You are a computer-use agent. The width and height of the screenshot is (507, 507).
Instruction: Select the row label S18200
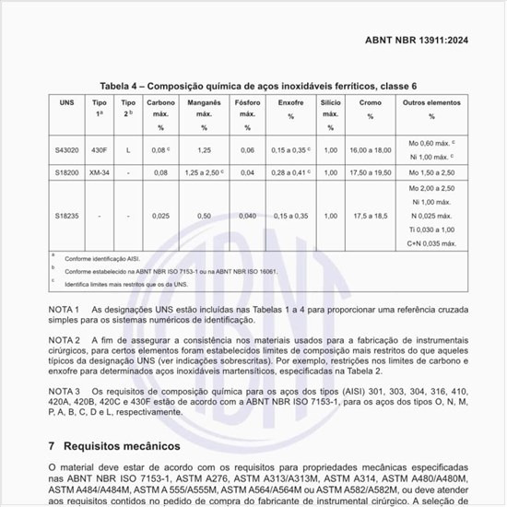click(66, 172)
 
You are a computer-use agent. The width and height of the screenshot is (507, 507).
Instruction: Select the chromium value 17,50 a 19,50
click(370, 172)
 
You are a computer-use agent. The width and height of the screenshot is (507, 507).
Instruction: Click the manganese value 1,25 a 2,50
click(203, 172)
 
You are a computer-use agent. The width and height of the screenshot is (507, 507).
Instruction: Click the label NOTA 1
click(65, 309)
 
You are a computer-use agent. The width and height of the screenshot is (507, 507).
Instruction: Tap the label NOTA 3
click(65, 392)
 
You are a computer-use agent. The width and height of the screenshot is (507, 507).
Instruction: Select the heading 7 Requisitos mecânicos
click(117, 445)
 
